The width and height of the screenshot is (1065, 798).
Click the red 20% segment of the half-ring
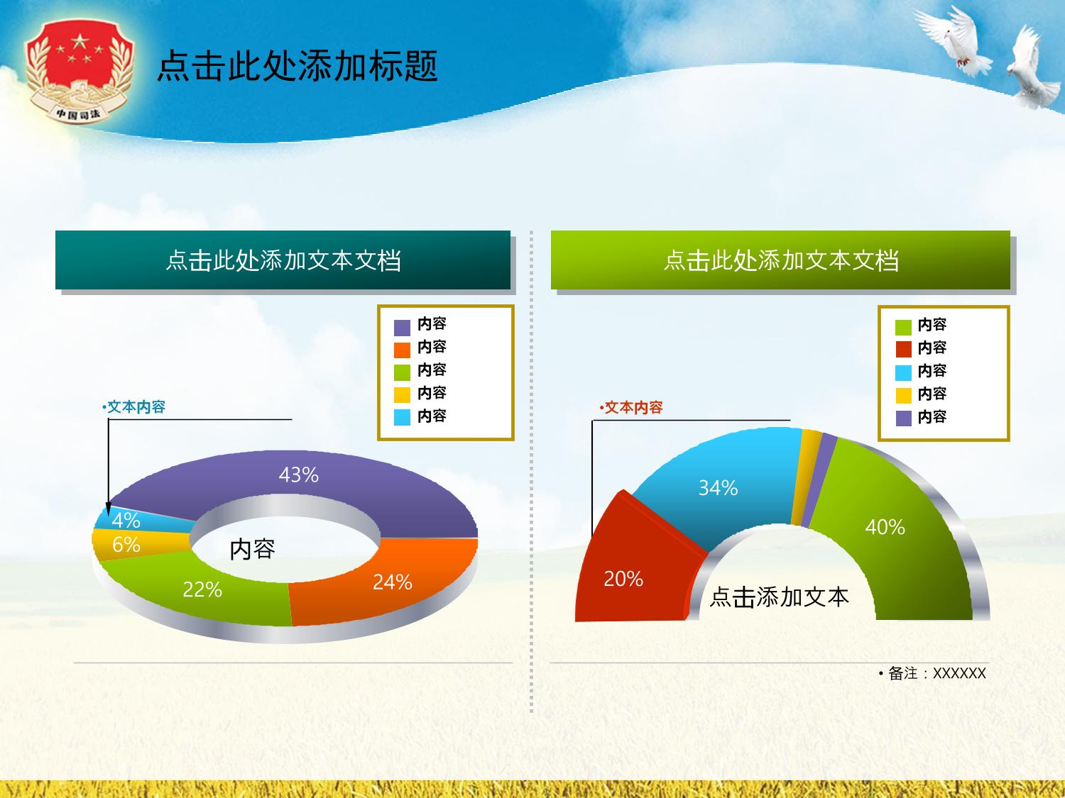click(630, 572)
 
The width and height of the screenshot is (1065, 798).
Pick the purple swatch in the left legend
click(402, 328)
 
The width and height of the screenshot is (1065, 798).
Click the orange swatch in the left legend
click(402, 350)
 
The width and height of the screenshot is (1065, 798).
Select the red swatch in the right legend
click(903, 349)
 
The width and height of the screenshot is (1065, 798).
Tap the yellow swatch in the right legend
click(903, 395)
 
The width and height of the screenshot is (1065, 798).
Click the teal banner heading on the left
click(283, 260)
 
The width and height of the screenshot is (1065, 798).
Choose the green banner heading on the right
click(781, 260)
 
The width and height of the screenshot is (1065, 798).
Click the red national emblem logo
click(79, 70)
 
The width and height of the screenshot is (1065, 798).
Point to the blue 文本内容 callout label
click(134, 407)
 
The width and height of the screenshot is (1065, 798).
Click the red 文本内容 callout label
click(630, 407)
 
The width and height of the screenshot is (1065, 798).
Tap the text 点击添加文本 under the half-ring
click(779, 597)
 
